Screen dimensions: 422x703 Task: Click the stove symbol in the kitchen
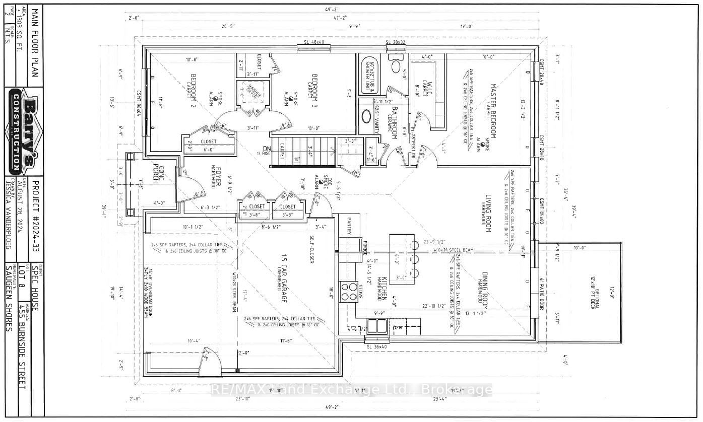pyautogui.click(x=347, y=290)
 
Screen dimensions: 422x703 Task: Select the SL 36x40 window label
pyautogui.click(x=376, y=346)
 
